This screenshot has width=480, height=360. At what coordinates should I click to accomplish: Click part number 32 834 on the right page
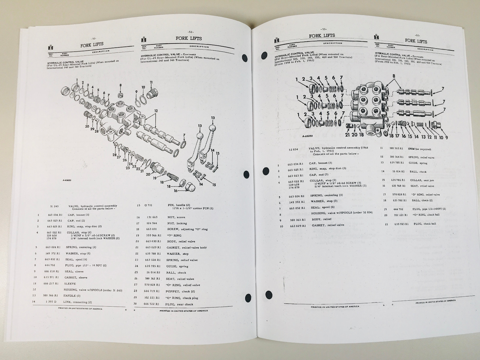tap(293, 149)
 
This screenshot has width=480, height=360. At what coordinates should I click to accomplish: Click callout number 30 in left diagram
tap(87, 126)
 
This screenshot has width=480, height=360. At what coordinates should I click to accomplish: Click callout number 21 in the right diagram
tap(347, 135)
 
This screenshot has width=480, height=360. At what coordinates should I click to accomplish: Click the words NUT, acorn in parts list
tap(176, 217)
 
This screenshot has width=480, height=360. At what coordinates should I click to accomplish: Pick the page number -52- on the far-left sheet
tap(93, 38)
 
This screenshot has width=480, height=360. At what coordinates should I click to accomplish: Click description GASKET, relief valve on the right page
tap(328, 225)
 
